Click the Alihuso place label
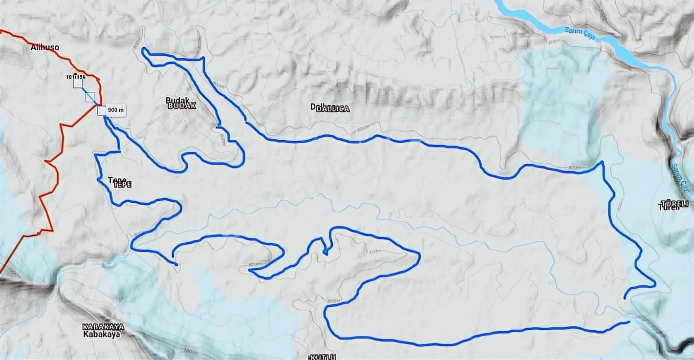pyautogui.click(x=44, y=47)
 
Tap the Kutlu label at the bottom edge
pyautogui.click(x=323, y=357)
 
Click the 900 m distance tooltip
pyautogui.click(x=115, y=110)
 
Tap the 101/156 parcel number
pyautogui.click(x=76, y=77)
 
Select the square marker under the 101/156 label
pyautogui.click(x=78, y=84)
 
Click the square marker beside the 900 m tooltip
pyautogui.click(x=101, y=111)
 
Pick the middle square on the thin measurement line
pyautogui.click(x=90, y=97)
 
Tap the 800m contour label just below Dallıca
pyautogui.click(x=363, y=129)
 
